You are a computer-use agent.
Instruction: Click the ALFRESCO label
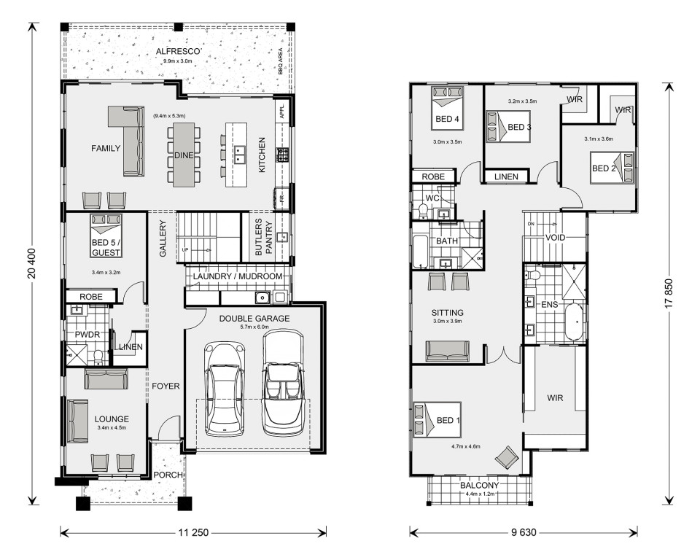pos(178,51)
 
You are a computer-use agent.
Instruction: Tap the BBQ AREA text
pos(280,61)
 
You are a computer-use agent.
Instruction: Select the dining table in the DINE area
pos(184,155)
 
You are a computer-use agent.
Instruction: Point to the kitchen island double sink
pos(240,155)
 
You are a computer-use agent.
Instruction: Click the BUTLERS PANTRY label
pos(264,237)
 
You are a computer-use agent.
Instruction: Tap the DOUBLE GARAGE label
pos(254,319)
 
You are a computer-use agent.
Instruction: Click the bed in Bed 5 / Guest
pos(106,236)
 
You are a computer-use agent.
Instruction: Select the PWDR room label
pos(87,334)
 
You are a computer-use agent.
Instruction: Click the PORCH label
pos(168,475)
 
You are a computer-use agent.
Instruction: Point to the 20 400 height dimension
pos(31,263)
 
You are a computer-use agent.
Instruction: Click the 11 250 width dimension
pos(193,532)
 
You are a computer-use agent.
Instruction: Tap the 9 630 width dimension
pos(524,532)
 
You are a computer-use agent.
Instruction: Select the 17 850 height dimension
pos(669,295)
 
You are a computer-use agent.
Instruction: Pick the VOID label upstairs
pos(555,238)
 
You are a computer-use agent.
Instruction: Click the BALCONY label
pos(480,485)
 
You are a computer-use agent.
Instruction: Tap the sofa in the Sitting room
pos(447,351)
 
